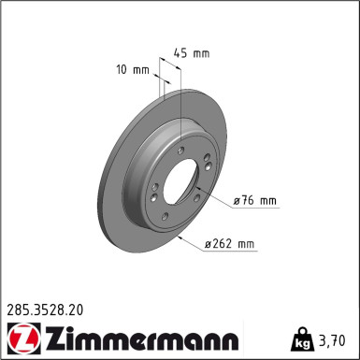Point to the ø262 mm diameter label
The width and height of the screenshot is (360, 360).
(x=230, y=245)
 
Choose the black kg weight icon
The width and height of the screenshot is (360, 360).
(x=305, y=338)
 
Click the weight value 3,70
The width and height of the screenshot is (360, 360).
(x=335, y=338)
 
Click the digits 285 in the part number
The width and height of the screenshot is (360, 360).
(x=19, y=306)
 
